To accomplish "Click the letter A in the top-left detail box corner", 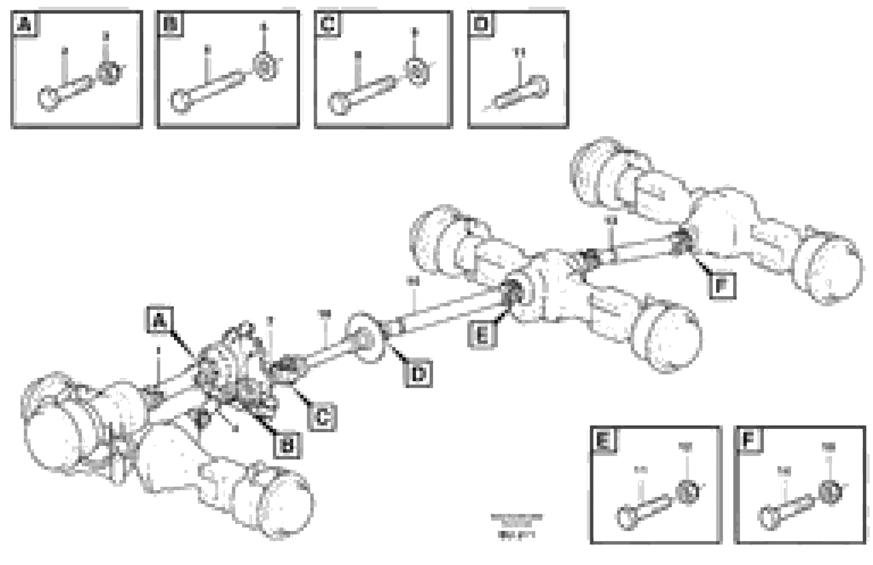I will click(x=25, y=24).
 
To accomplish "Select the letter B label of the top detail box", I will click(x=170, y=24).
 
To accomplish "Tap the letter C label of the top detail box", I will click(x=327, y=24).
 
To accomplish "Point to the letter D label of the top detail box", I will click(x=481, y=24).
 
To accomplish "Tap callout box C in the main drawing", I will click(x=322, y=417).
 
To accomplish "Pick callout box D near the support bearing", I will click(x=418, y=374).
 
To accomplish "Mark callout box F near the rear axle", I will click(x=722, y=285).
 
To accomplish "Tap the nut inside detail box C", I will click(x=417, y=71).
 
